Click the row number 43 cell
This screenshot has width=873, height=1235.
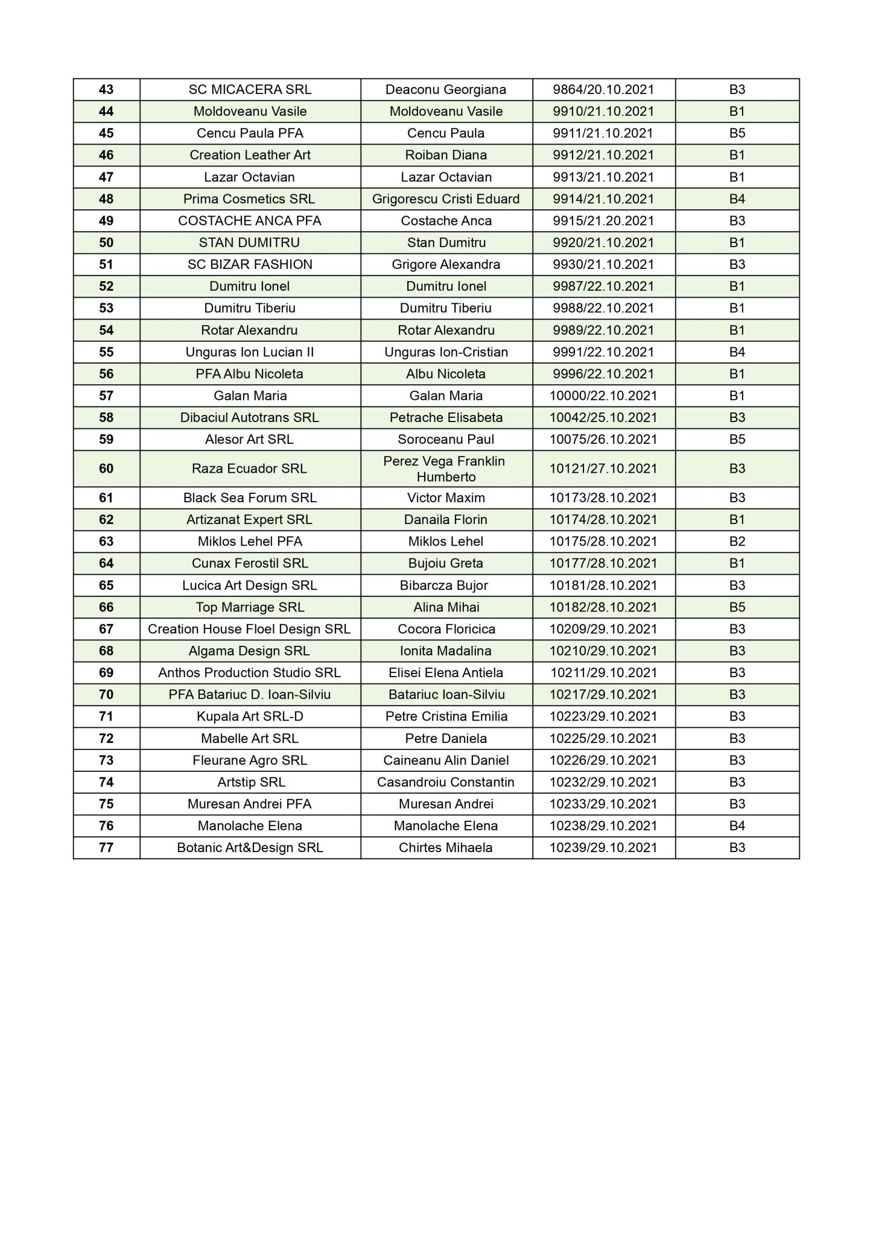pos(106,90)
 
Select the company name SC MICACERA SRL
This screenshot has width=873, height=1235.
pos(250,90)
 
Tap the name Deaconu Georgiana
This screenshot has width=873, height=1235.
pos(446,90)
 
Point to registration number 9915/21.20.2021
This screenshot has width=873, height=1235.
pos(603,221)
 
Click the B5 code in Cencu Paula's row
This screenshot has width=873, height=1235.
pos(737,133)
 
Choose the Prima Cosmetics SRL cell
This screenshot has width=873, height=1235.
pos(250,199)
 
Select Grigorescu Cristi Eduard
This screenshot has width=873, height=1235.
pos(446,199)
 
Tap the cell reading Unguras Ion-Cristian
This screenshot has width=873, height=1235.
pos(446,352)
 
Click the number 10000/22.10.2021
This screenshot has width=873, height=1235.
pos(603,396)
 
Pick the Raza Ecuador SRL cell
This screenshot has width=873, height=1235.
pos(250,469)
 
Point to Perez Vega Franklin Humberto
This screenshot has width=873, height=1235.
pos(446,469)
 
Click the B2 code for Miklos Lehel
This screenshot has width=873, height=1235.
pos(737,542)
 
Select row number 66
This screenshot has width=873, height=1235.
pos(106,607)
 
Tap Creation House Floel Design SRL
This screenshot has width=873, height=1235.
pos(250,629)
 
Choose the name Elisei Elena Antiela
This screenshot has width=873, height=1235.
pos(446,673)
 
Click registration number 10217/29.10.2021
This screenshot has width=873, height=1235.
pos(603,695)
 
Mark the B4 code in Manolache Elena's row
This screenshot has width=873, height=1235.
pos(737,826)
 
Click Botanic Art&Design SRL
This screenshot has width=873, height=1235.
pos(250,848)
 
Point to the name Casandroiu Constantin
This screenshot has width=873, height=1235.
pos(446,782)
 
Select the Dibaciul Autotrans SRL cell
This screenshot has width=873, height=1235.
pos(250,417)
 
